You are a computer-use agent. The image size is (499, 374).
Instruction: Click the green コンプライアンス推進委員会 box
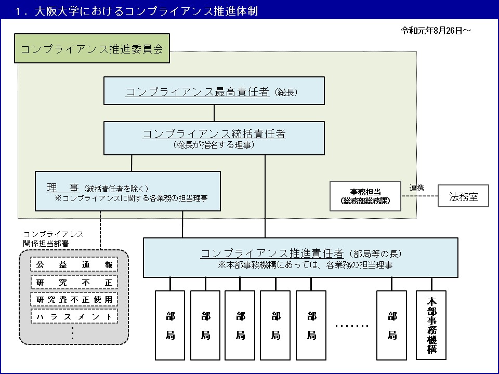[92, 49]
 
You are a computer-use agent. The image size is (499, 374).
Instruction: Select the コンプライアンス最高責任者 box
[214, 91]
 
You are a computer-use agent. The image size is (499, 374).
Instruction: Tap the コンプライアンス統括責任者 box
[214, 138]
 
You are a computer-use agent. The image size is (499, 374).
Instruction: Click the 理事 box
[128, 191]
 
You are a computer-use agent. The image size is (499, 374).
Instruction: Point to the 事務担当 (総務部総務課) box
[365, 196]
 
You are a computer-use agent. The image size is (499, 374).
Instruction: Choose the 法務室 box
[463, 196]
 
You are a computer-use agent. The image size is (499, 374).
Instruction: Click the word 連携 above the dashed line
[417, 188]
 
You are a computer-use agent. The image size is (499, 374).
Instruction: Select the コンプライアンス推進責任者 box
[300, 257]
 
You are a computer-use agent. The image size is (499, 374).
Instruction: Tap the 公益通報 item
[74, 265]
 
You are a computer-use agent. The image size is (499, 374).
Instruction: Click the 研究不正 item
[74, 283]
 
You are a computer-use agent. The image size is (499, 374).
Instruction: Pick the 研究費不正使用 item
[74, 300]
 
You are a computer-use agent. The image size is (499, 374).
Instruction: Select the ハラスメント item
[74, 316]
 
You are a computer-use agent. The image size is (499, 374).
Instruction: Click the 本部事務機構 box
[431, 325]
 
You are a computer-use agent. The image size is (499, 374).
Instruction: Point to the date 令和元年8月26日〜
[436, 31]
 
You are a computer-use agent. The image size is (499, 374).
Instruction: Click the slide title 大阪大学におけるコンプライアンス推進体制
[146, 11]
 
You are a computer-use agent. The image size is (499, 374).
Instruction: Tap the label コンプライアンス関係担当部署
[54, 238]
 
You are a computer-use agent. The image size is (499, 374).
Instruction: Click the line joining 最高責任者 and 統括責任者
[214, 113]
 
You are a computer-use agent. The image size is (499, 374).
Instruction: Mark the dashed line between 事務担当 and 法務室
[419, 196]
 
